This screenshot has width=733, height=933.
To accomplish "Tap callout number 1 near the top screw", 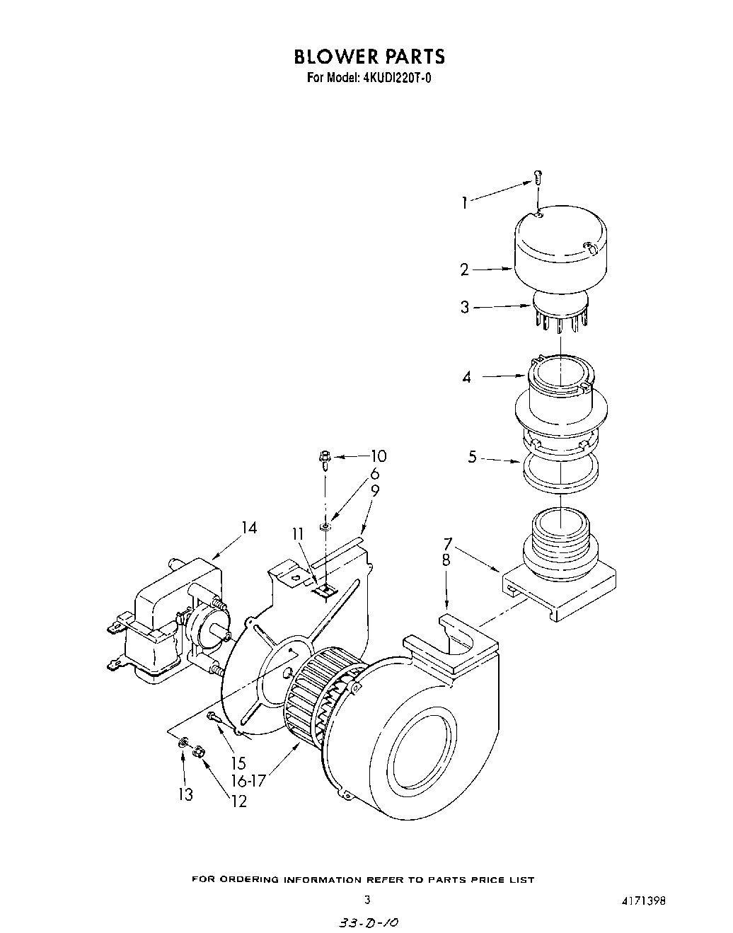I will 464,203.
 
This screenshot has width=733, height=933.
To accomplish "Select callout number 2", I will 464,270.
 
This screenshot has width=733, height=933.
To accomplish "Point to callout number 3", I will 465,308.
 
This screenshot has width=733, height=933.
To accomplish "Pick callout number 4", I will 466,378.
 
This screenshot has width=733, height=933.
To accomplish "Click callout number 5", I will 472,458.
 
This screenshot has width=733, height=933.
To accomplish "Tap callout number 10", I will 379,456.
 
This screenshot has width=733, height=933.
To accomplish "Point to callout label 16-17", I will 246,781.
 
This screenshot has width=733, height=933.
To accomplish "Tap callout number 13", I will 185,795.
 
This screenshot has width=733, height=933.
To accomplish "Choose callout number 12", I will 239,801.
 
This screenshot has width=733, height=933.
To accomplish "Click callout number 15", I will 237,763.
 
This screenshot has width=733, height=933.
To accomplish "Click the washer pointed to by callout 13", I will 183,743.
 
